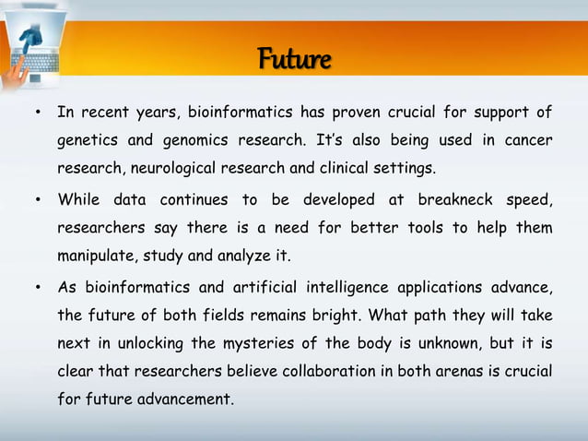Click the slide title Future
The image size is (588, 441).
294,61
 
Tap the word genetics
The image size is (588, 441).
87,141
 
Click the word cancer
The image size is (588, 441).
528,141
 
